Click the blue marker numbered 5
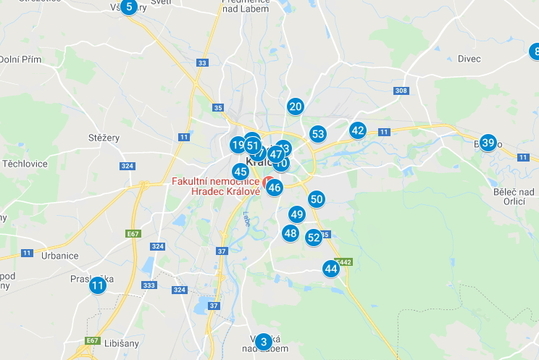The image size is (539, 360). point(128,7)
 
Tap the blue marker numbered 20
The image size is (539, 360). point(295,107)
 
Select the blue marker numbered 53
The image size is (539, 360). point(318,134)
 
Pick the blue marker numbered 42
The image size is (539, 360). point(358,130)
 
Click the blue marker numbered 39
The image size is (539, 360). point(488,143)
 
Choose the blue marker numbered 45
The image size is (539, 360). point(240,172)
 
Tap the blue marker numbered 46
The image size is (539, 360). point(274,187)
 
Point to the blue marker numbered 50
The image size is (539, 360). point(316,199)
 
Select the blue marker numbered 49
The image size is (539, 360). point(297,214)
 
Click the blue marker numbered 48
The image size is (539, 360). point(290,233)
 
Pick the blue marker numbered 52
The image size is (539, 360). point(314,237)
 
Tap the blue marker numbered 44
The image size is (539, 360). point(331,268)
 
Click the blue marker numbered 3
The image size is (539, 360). point(263,342)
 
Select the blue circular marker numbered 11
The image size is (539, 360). point(97,286)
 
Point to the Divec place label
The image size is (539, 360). point(469,59)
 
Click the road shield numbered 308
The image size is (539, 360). point(401,91)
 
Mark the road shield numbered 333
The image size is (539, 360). point(149,285)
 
